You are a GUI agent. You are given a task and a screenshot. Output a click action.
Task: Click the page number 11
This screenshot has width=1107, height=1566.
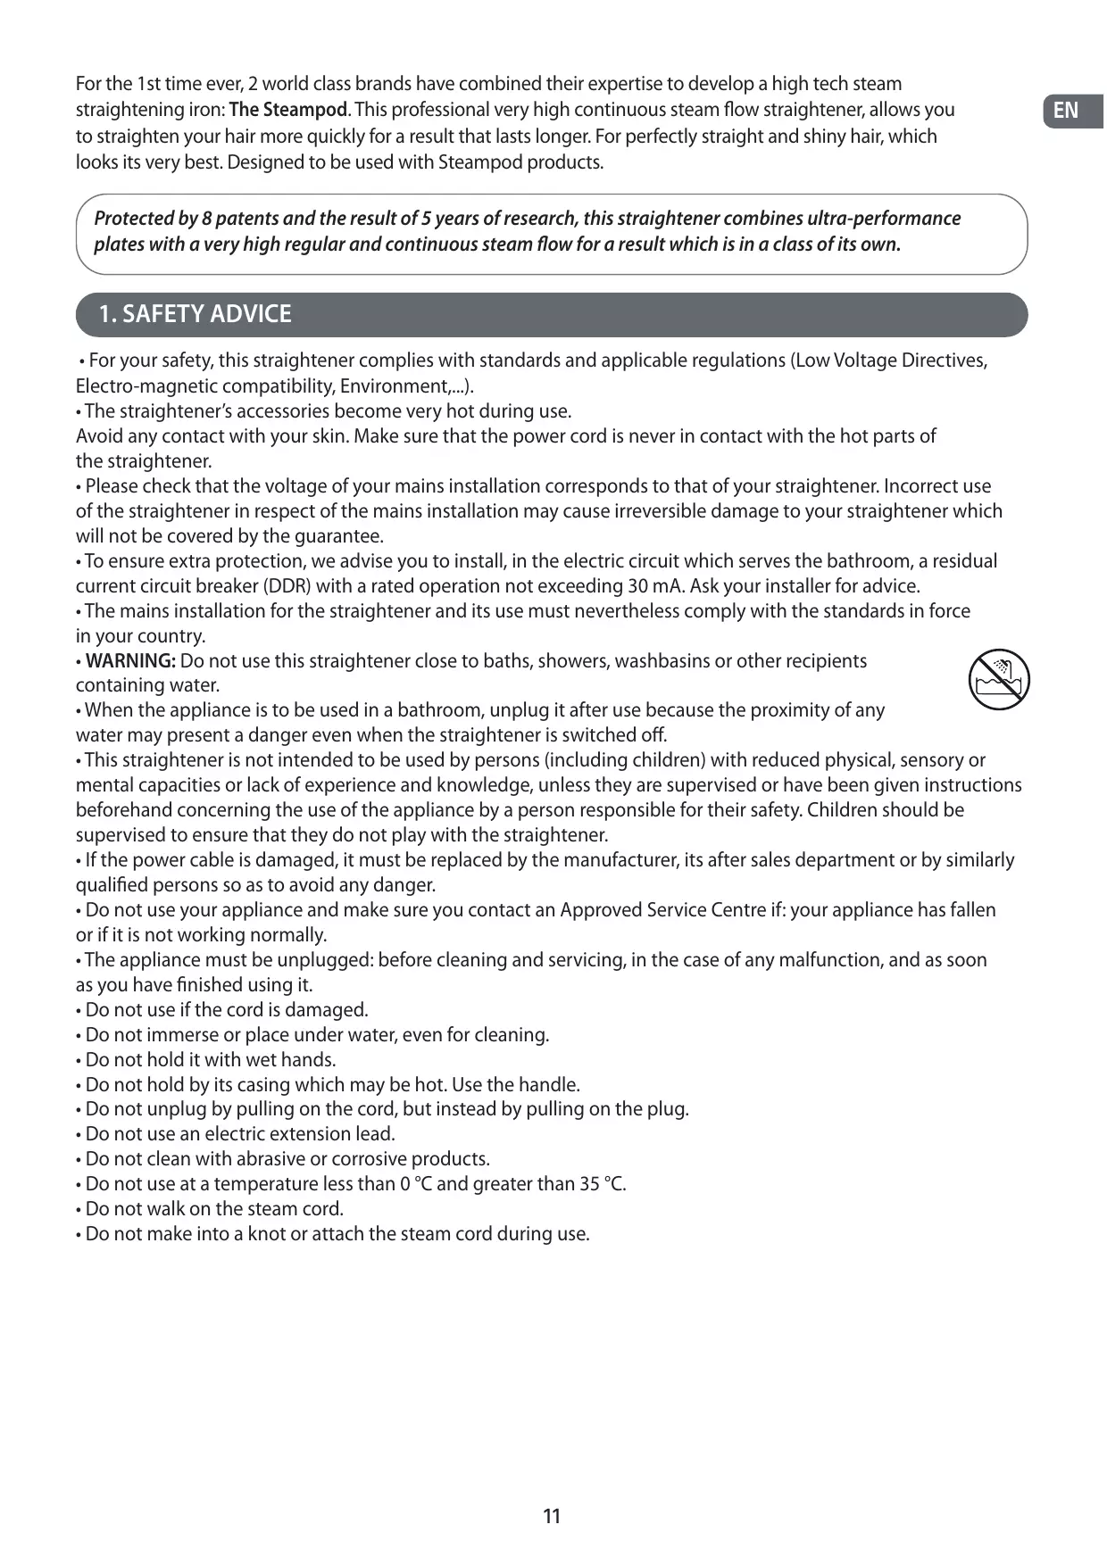point(552,1515)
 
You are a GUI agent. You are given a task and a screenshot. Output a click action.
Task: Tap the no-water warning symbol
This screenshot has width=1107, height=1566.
point(999,680)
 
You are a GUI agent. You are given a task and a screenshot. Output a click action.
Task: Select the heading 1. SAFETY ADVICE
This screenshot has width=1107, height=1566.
point(195,314)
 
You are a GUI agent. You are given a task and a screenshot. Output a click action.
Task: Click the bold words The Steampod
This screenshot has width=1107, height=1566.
point(288,110)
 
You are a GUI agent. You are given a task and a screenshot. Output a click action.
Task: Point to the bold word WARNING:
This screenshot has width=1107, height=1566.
point(130,661)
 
